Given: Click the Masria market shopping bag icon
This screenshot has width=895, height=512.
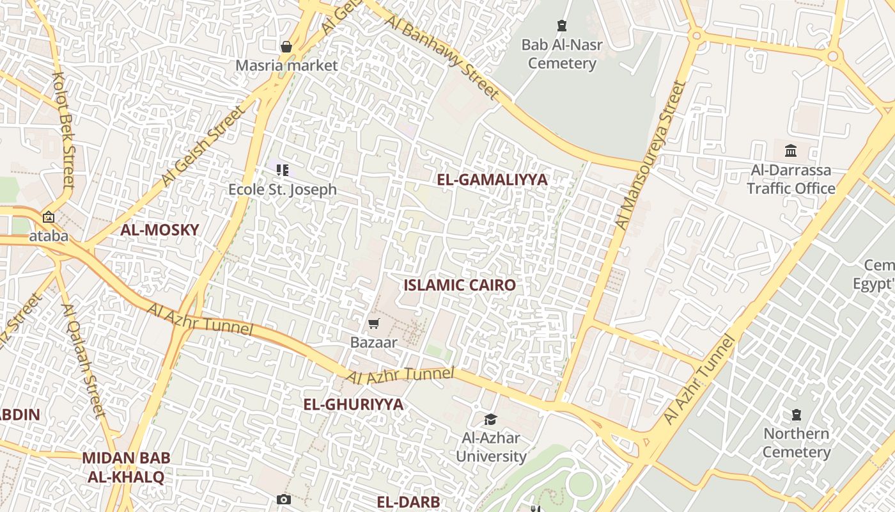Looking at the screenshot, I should click(x=286, y=46).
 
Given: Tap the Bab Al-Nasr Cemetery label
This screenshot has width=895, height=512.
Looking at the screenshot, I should click(x=562, y=54).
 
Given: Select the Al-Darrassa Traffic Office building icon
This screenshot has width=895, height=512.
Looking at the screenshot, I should click(x=791, y=151).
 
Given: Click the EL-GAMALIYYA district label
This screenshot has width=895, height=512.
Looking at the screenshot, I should click(x=492, y=180).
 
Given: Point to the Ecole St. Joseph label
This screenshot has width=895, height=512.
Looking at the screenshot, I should click(x=283, y=189).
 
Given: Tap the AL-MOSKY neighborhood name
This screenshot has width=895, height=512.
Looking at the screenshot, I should click(x=160, y=230).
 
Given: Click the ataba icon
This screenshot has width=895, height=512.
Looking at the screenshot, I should click(x=49, y=217).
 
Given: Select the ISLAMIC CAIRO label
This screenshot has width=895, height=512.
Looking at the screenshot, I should click(x=459, y=285).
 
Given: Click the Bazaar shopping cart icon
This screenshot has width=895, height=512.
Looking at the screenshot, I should click(x=374, y=324).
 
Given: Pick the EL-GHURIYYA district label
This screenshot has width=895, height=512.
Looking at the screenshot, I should click(x=353, y=404).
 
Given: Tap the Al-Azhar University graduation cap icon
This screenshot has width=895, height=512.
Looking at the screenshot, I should click(x=490, y=419).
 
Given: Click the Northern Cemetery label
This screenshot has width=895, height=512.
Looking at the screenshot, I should click(x=797, y=443).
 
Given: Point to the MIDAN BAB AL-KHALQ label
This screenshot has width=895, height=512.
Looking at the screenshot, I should click(x=126, y=467).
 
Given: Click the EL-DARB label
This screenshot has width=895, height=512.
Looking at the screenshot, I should click(x=409, y=502).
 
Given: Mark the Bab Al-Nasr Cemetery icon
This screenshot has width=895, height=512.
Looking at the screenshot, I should click(x=562, y=26).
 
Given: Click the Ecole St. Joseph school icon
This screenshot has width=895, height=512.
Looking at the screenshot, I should click(x=283, y=170).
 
